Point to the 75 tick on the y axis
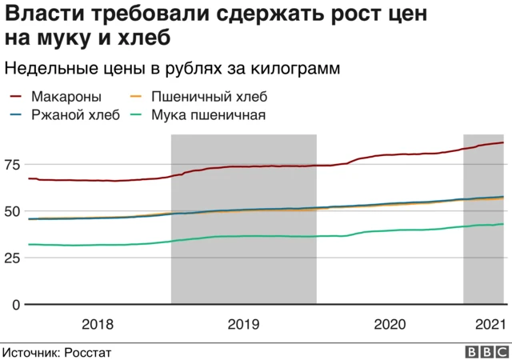click(x=12, y=165)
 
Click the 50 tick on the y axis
click(x=12, y=211)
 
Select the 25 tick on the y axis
click(x=12, y=258)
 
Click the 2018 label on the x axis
click(x=98, y=324)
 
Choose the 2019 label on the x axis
click(x=243, y=324)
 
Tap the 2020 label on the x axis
click(x=390, y=324)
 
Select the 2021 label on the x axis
click(x=489, y=324)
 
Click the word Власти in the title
click(x=38, y=14)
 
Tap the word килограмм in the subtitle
click(x=296, y=69)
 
